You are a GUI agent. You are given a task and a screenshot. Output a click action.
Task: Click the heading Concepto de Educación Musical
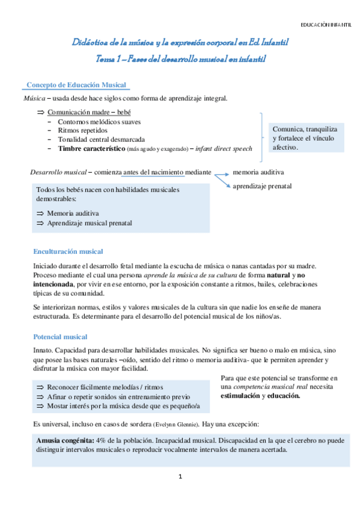click(x=76, y=85)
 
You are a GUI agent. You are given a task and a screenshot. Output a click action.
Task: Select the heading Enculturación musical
click(x=68, y=251)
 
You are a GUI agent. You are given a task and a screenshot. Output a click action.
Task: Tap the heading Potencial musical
click(x=60, y=337)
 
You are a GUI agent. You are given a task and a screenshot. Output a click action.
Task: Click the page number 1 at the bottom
click(x=180, y=477)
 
